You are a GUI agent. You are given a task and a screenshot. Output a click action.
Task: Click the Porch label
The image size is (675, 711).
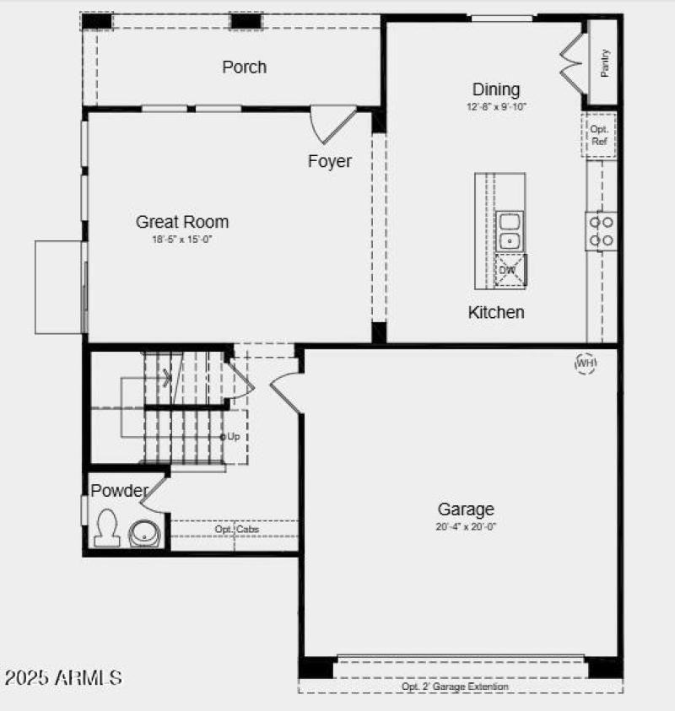click(x=244, y=67)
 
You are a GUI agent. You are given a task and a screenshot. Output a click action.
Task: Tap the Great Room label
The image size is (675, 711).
click(x=182, y=222)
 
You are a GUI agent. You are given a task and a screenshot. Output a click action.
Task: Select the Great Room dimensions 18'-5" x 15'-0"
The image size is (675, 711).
click(x=182, y=240)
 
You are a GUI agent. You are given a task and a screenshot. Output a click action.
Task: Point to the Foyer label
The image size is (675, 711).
click(x=329, y=161)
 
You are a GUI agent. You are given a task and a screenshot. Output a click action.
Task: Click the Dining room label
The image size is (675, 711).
click(x=495, y=89)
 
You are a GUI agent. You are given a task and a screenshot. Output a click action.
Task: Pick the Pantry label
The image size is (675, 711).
click(x=605, y=63)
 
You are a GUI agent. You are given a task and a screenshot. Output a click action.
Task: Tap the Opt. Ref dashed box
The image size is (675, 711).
click(x=599, y=135)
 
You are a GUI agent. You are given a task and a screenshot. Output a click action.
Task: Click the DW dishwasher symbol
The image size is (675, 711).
click(x=509, y=270)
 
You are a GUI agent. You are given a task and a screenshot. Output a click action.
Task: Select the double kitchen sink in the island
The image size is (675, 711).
click(x=510, y=232)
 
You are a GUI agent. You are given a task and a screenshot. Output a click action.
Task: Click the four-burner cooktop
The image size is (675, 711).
click(x=602, y=231)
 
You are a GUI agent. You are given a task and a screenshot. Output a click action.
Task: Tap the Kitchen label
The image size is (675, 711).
click(x=496, y=312)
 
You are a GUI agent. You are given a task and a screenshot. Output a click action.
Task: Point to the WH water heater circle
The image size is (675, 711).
click(x=586, y=363)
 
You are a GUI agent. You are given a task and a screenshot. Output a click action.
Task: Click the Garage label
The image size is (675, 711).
click(x=466, y=509)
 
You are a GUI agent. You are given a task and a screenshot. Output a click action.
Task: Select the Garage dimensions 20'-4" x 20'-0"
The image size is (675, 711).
click(x=466, y=526)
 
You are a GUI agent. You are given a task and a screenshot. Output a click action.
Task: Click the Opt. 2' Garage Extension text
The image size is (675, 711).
click(x=456, y=687)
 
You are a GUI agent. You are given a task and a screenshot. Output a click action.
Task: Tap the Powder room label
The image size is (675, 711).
click(x=119, y=490)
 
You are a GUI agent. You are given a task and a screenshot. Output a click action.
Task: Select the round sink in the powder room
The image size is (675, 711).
click(x=145, y=533)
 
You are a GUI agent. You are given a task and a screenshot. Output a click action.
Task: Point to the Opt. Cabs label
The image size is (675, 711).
click(x=236, y=529)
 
